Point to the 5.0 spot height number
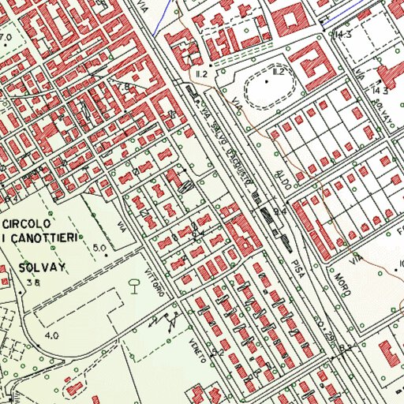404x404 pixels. (x=99, y=249)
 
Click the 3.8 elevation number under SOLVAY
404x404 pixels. (x=32, y=282)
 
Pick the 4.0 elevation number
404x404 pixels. (x=52, y=336)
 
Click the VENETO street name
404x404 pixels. (x=197, y=348)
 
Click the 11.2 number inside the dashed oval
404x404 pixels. (x=277, y=72)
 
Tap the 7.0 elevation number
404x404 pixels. (x=6, y=37)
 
